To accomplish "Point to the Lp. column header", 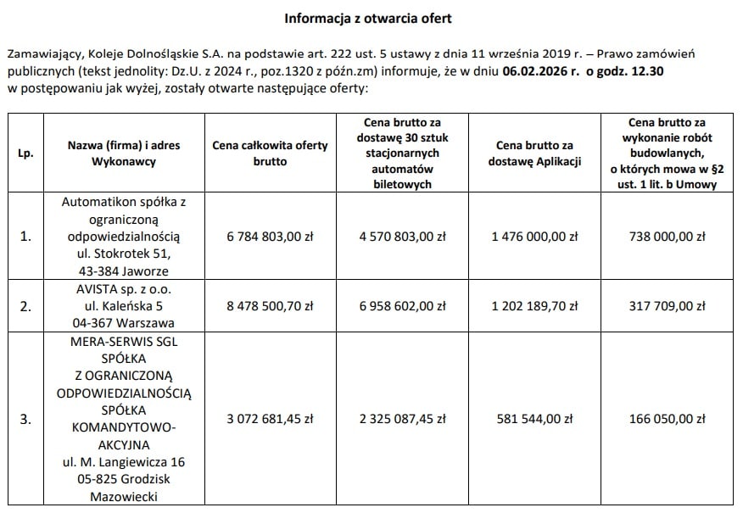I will coord(25,153).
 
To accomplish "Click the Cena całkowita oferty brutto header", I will coord(271,153).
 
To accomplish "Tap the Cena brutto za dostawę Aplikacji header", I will coord(535,153).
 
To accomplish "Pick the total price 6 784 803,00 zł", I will coord(271,237).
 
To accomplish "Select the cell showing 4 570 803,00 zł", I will coord(403,237).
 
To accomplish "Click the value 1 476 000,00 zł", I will coord(535,237).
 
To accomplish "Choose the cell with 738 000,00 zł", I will coord(668,237).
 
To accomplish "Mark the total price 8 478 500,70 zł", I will coord(271,306).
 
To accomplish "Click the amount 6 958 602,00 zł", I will coord(403,306).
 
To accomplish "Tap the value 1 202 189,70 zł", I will coord(535,306).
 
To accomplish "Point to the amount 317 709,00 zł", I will coord(668,306).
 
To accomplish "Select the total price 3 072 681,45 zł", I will coord(271,418).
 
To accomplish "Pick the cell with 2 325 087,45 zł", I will coord(403,418).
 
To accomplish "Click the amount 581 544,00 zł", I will coord(535,418).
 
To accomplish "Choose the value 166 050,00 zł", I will coord(668,418).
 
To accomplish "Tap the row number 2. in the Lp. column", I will coord(25,306).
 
